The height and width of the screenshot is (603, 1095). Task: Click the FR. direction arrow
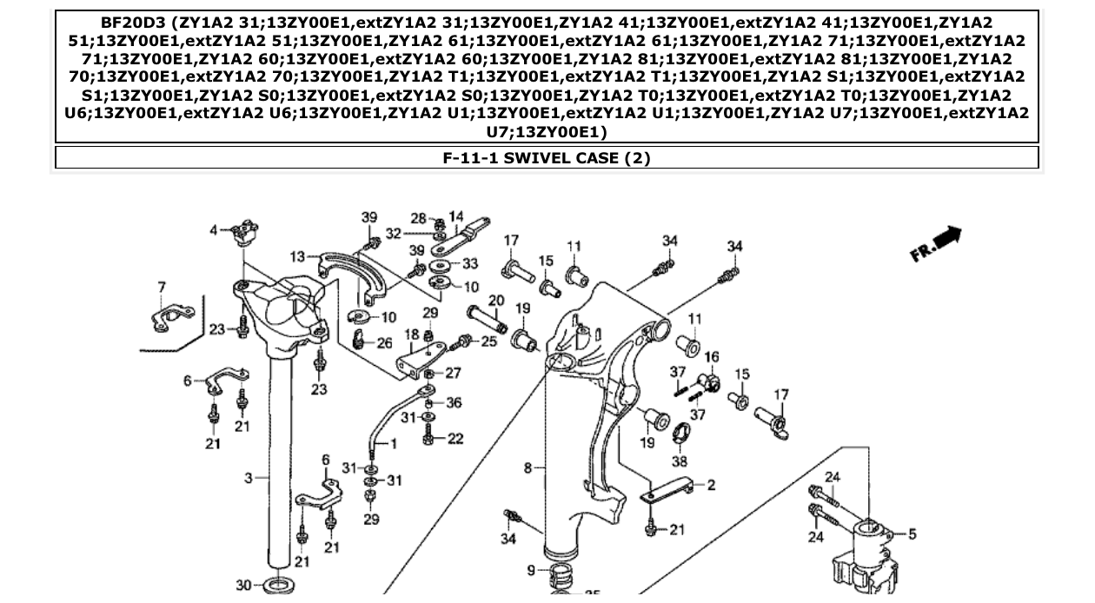936,244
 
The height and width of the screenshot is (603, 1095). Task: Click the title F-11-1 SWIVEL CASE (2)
547,158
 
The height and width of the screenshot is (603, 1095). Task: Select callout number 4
214,229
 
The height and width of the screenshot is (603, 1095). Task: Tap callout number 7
161,287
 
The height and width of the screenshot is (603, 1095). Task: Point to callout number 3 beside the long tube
248,478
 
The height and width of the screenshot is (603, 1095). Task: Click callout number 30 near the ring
243,586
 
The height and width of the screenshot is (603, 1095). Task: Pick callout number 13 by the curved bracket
298,256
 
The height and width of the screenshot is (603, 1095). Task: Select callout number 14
456,216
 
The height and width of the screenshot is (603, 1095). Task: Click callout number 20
496,301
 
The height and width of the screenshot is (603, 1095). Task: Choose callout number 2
711,485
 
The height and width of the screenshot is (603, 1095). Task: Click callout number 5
912,534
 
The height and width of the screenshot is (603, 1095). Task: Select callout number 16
712,357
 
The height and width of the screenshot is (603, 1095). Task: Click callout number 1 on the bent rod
393,444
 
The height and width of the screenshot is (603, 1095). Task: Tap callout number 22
455,439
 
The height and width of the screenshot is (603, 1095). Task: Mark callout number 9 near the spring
531,570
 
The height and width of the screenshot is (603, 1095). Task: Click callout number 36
455,402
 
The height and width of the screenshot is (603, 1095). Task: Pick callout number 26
384,343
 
